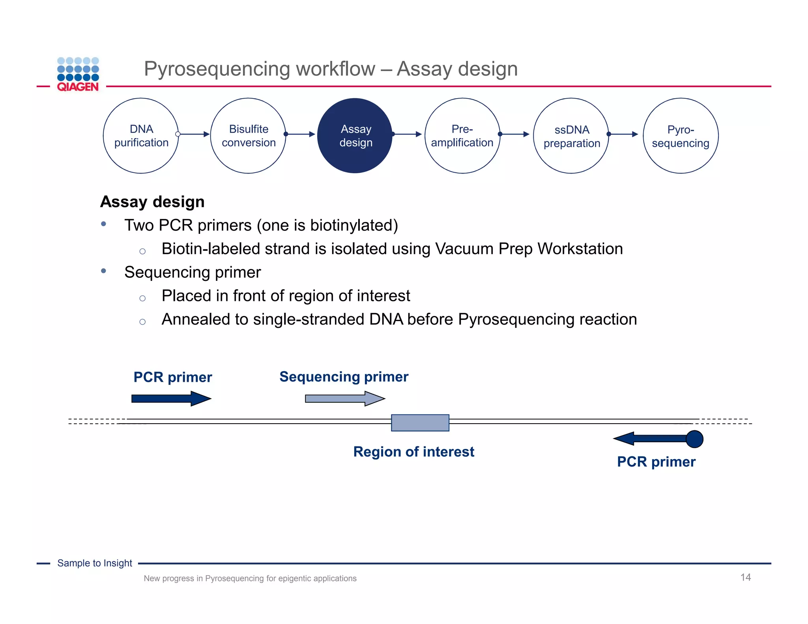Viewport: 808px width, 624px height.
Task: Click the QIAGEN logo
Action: (78, 75)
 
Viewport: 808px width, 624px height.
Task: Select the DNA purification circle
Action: (141, 136)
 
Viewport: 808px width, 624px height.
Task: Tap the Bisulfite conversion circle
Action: (248, 136)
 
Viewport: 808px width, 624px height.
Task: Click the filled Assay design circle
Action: (355, 136)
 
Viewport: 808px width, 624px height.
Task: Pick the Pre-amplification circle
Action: (462, 136)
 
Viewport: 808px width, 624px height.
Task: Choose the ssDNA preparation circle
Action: (571, 136)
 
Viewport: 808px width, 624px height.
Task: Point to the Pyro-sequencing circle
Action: (681, 136)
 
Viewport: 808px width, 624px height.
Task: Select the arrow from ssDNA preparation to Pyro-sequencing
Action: (624, 134)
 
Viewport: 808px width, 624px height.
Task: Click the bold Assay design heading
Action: (152, 202)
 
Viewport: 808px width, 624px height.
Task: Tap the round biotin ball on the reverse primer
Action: (694, 439)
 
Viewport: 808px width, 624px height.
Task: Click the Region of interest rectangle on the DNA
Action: (420, 422)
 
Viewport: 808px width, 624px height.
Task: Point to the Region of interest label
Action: (413, 452)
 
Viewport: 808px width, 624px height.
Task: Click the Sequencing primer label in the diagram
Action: (344, 377)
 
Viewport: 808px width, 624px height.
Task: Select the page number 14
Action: (745, 577)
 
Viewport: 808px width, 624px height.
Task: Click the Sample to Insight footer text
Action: (95, 563)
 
